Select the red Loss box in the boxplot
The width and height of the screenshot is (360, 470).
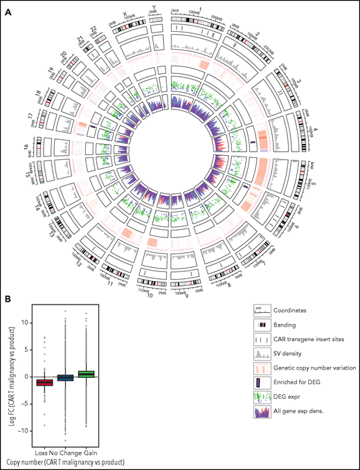coord(44,382)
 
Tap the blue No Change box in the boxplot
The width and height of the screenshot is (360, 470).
coord(64,377)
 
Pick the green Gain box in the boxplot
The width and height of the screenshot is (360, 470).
coord(84,374)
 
